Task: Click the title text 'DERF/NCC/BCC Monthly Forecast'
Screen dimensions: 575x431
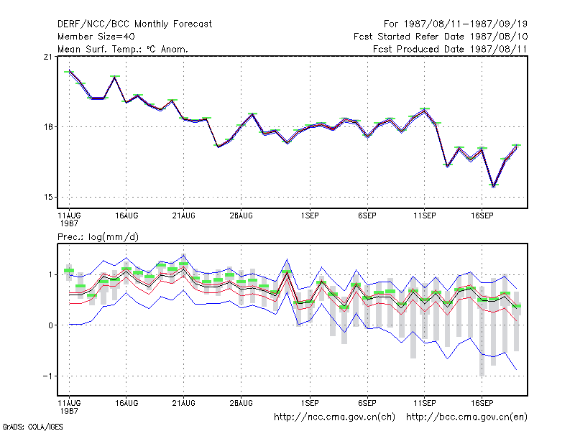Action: [134, 24]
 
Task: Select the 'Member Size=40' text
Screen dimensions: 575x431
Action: [96, 37]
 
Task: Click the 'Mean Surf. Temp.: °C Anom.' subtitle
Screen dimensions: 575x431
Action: [123, 49]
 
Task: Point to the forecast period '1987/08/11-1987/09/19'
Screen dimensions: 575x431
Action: [465, 24]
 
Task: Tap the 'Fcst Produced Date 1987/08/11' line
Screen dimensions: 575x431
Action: [450, 49]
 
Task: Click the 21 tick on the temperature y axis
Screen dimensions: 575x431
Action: [48, 57]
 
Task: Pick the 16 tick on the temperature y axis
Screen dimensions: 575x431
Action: [48, 127]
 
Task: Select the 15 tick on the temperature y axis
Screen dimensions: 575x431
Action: [48, 197]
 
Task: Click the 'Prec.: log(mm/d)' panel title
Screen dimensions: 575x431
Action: [98, 237]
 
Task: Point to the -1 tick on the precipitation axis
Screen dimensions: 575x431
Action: [47, 376]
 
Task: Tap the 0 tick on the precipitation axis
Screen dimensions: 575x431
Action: [50, 325]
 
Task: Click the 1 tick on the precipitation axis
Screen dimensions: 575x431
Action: [50, 275]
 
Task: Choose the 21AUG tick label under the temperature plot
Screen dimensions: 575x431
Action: [184, 216]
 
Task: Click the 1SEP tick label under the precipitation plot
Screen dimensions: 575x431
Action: [310, 403]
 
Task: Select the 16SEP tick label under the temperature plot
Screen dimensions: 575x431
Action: [482, 216]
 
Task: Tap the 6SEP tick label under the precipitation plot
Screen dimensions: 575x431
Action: [367, 403]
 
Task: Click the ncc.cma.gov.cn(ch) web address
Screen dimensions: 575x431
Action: [334, 417]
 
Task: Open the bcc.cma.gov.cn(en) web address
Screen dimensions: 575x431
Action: [466, 417]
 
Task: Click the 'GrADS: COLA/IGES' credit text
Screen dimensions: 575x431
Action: [32, 427]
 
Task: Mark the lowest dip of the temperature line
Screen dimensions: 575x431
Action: [494, 187]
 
